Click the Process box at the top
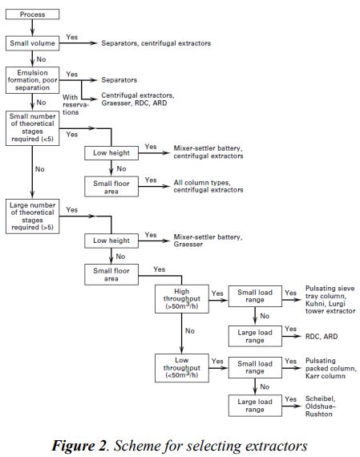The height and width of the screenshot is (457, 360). (32, 14)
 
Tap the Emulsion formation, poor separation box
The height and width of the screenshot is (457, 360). (33, 80)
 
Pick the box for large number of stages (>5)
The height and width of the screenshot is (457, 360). (33, 215)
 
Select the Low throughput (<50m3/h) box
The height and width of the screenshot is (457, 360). (182, 366)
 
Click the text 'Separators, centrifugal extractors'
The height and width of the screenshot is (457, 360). (156, 42)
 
